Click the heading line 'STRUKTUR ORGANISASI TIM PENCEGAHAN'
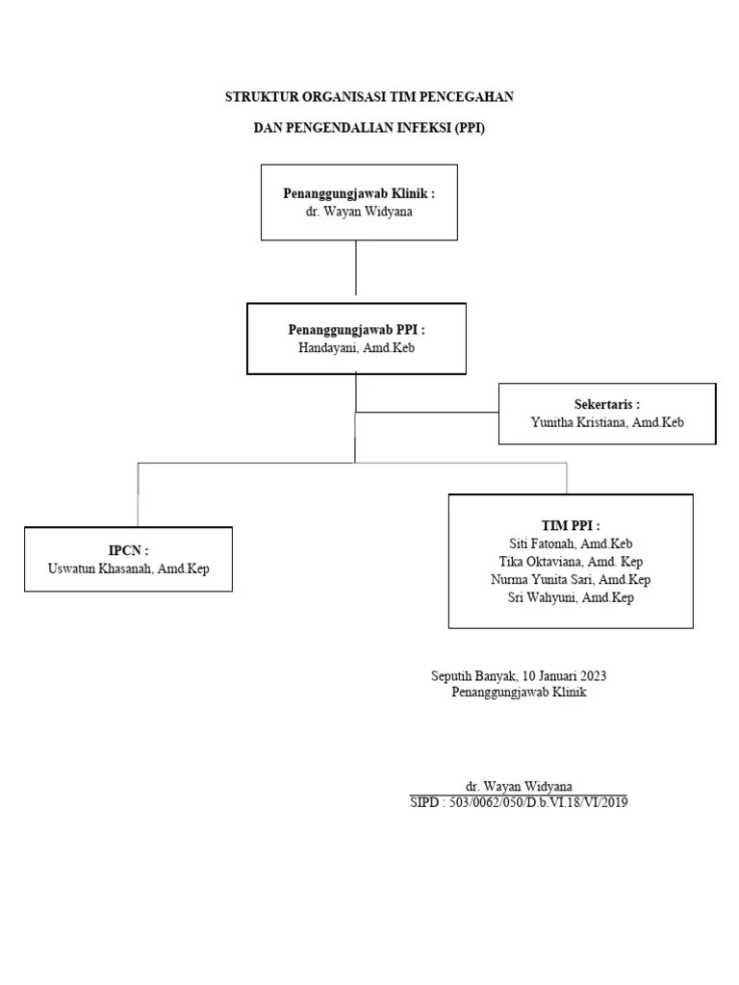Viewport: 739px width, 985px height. (369, 96)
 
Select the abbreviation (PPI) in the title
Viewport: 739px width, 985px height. (467, 127)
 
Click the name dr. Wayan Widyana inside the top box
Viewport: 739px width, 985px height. (359, 211)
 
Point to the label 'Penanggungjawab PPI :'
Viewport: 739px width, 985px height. (356, 330)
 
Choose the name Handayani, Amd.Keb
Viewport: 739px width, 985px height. (356, 347)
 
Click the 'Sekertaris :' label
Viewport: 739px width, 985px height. (606, 404)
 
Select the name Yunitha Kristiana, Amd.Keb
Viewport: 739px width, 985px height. (606, 421)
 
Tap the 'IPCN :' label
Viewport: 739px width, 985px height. (128, 551)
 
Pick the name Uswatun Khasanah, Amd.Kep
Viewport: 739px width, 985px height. (128, 568)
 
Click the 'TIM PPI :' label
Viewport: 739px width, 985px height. (571, 526)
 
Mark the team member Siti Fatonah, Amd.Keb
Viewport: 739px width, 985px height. (571, 543)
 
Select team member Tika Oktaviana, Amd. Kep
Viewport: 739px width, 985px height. (571, 561)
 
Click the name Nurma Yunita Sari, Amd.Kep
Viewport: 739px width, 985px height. (571, 579)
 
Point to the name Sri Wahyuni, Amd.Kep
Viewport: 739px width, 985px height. (571, 597)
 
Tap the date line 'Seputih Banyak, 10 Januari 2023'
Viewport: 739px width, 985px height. (518, 676)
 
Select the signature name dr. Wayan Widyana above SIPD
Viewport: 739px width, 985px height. (519, 786)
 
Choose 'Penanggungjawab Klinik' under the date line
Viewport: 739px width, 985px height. (518, 693)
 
